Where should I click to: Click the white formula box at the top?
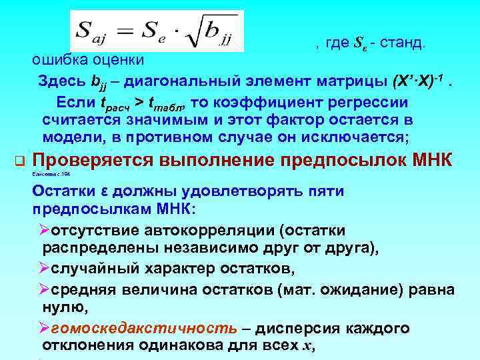tap(157, 31)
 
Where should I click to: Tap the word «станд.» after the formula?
tap(403, 43)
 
